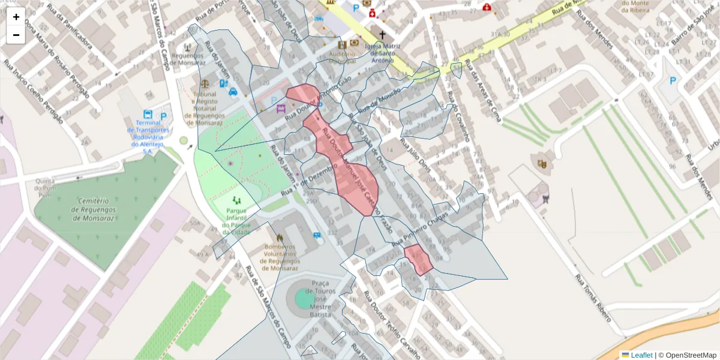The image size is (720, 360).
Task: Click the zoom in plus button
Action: point(16,17)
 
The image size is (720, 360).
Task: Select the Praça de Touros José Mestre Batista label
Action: point(320,298)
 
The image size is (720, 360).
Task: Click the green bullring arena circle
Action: point(305,298)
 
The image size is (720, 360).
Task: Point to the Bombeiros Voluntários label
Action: point(281,257)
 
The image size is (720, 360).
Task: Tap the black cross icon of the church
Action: point(382,35)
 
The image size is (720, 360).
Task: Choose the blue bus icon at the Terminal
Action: point(148,115)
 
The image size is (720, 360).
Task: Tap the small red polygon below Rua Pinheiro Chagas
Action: point(418,260)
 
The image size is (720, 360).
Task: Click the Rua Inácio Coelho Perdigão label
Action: point(32,91)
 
